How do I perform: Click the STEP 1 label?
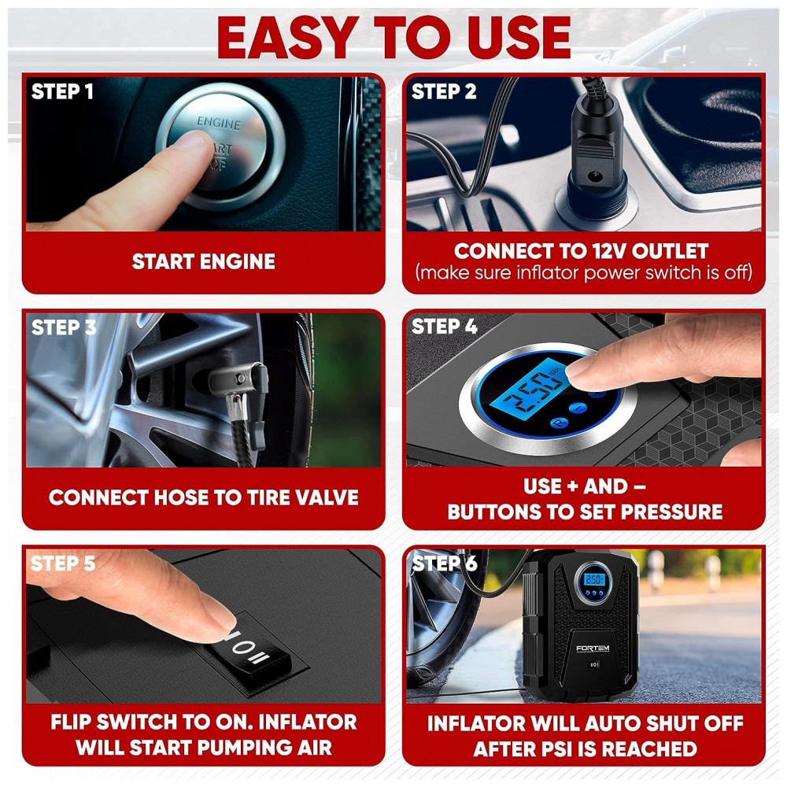tap(62, 91)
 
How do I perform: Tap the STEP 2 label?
tap(444, 91)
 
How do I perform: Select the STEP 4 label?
tap(444, 327)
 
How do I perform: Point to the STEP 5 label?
tap(63, 563)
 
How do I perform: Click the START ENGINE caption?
tap(203, 261)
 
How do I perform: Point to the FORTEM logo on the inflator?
tap(593, 648)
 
